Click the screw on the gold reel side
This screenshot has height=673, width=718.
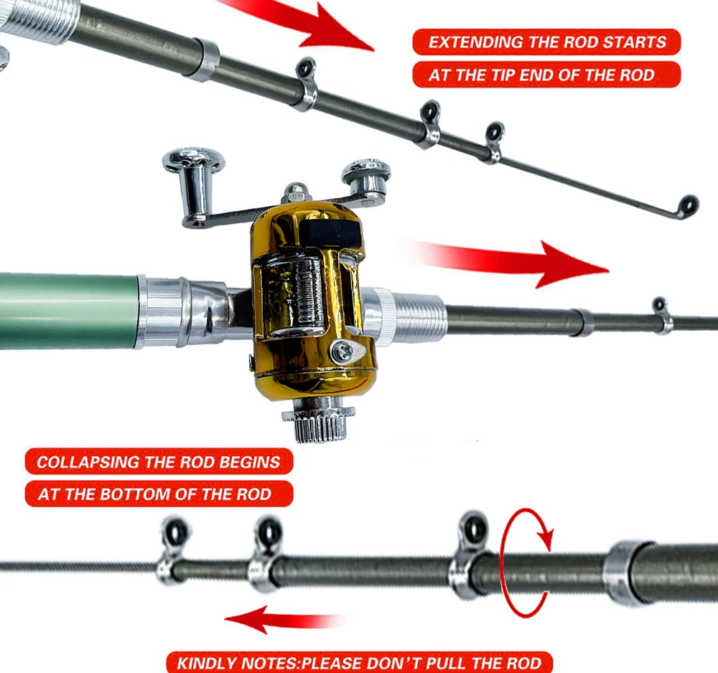(345, 350)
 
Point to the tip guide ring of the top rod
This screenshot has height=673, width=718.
(688, 204)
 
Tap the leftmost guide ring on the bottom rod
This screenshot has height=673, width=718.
(173, 535)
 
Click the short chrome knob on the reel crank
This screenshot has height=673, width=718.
(367, 176)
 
